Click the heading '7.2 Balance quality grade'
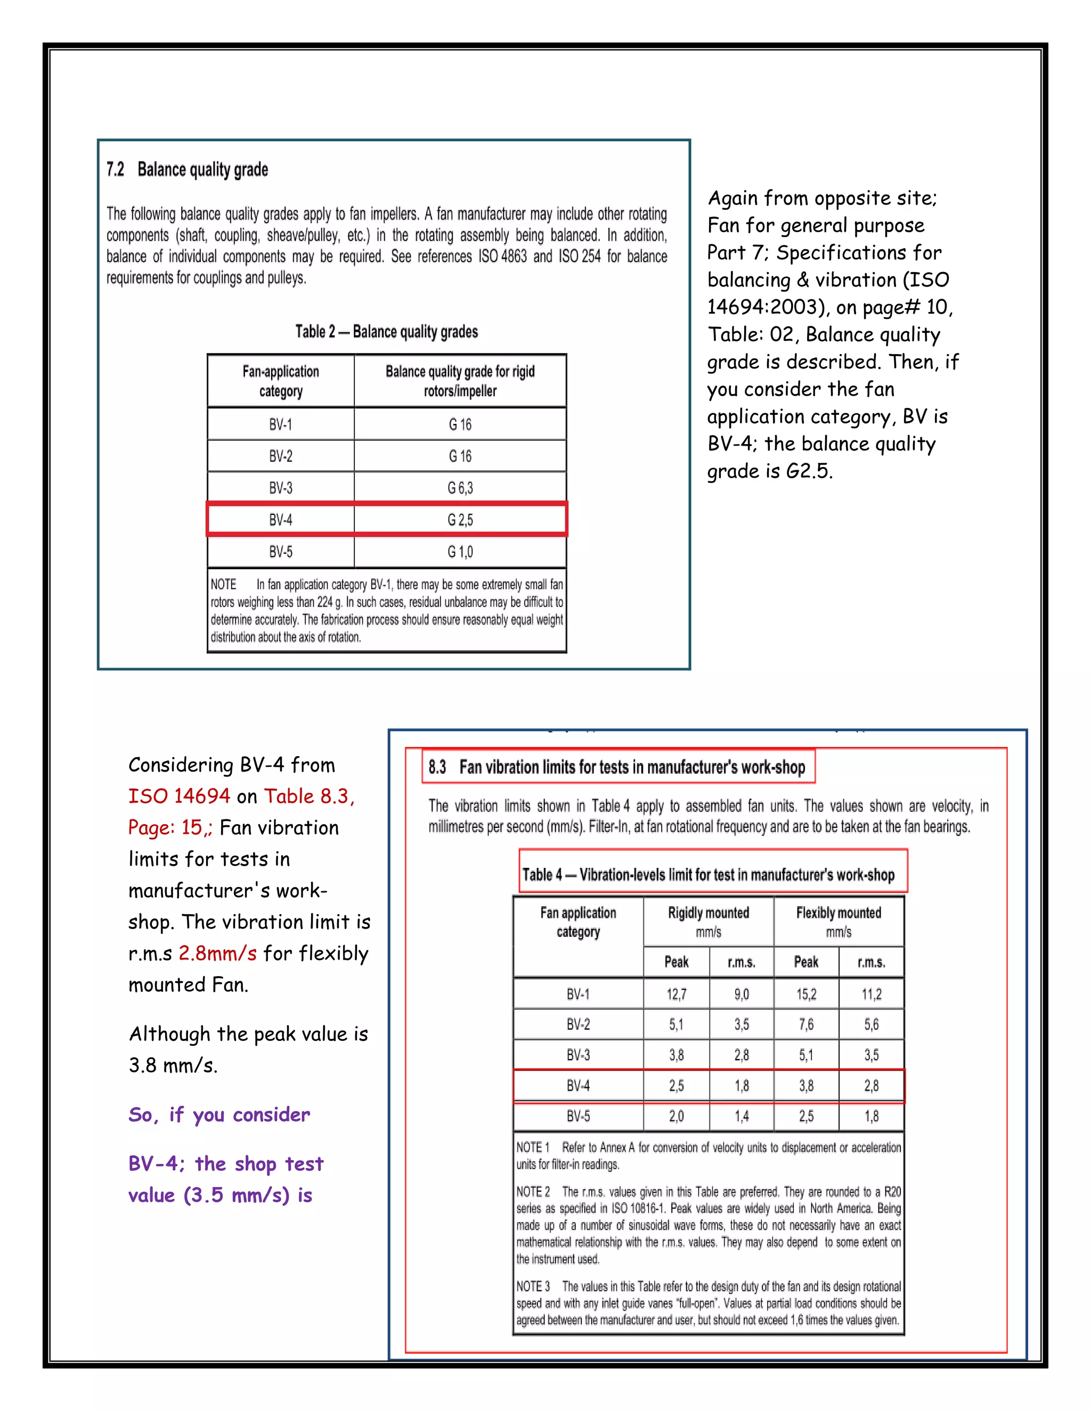[x=188, y=170]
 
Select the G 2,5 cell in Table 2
[x=460, y=520]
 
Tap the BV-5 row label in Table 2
[x=281, y=552]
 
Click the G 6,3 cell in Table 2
[x=460, y=488]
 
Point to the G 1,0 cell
[x=460, y=552]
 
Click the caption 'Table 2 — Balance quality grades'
[x=387, y=332]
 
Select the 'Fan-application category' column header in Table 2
[x=281, y=381]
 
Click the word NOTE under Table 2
[x=224, y=585]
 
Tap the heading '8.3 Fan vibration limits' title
[x=617, y=767]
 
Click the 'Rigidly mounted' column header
[x=709, y=913]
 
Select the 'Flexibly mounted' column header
[x=838, y=913]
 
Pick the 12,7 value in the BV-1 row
[x=676, y=994]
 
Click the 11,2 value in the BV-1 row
[x=871, y=994]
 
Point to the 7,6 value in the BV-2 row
[x=806, y=1024]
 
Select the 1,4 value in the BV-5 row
[x=742, y=1117]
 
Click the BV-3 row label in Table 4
[x=578, y=1055]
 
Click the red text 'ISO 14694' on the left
[x=179, y=797]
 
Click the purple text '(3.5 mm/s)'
[x=237, y=1195]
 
